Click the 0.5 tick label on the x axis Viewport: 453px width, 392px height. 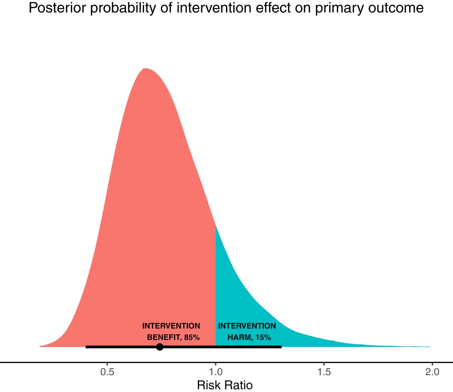[x=107, y=372]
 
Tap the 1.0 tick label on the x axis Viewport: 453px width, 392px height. [x=216, y=372]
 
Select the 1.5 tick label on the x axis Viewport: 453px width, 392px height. [x=324, y=372]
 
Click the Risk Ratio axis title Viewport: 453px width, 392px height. [x=225, y=385]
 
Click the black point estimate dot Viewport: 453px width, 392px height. [x=160, y=347]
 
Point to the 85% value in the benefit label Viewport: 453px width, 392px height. [x=192, y=337]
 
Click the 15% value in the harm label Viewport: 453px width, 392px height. [x=263, y=337]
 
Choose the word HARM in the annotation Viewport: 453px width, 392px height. [x=240, y=337]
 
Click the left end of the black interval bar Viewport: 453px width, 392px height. [x=86, y=347]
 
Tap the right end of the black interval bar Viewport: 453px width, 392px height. [x=281, y=347]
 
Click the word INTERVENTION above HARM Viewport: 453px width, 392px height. [x=247, y=326]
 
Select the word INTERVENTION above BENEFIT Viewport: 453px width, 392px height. [x=171, y=326]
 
